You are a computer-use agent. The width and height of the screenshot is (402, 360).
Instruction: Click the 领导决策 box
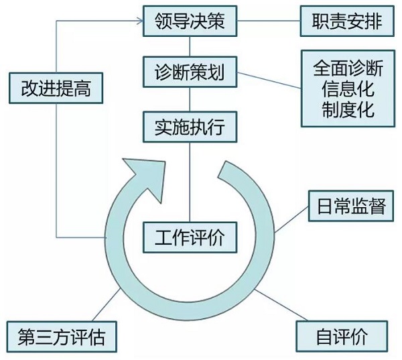(x=190, y=21)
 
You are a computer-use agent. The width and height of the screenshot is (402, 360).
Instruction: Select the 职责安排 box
(x=347, y=21)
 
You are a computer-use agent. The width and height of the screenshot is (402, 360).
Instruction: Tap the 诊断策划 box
(x=190, y=72)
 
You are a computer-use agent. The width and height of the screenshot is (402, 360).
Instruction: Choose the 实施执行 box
(x=190, y=127)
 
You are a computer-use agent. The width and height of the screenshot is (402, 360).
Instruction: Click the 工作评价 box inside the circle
(x=190, y=237)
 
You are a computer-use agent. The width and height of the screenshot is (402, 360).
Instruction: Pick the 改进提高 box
(x=56, y=88)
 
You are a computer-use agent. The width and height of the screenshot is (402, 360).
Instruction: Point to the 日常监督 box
(x=351, y=206)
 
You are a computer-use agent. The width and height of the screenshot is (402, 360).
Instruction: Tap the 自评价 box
(x=342, y=336)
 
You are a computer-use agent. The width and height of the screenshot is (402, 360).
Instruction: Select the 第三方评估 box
(x=62, y=337)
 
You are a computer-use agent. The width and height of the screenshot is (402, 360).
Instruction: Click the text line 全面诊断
(x=348, y=68)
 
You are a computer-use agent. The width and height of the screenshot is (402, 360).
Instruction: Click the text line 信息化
(x=348, y=88)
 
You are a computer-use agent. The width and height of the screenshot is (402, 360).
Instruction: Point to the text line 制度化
(x=348, y=109)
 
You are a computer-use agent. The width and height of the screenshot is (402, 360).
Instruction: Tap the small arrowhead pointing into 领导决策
(x=139, y=21)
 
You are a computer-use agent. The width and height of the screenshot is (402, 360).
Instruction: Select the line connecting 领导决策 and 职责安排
(x=269, y=21)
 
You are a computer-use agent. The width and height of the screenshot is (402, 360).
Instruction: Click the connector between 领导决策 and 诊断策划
(x=190, y=47)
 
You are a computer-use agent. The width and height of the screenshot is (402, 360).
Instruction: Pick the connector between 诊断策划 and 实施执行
(x=190, y=100)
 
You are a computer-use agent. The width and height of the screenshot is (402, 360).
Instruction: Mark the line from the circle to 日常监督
(x=291, y=220)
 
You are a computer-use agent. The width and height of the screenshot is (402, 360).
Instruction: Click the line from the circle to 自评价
(x=281, y=305)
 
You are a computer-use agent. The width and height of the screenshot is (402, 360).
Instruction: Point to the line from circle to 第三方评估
(x=106, y=304)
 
